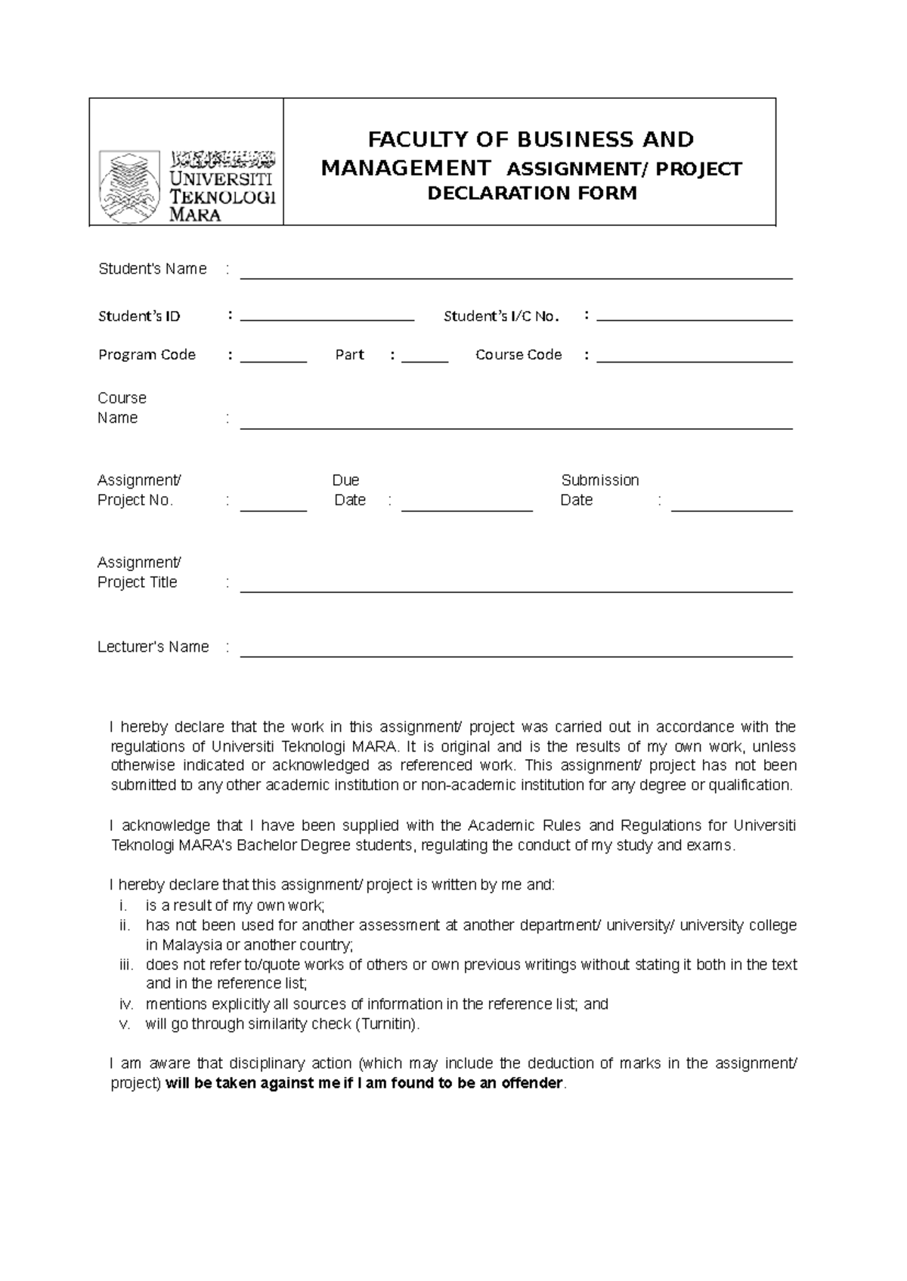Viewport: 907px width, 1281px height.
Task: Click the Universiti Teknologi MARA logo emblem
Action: (129, 186)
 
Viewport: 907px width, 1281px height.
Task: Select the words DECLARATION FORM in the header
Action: (532, 193)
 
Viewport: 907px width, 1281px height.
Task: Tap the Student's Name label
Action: (152, 270)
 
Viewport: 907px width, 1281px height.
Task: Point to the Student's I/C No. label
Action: (501, 316)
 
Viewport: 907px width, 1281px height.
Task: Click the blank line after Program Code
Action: (273, 361)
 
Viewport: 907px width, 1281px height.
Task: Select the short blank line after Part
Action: (424, 361)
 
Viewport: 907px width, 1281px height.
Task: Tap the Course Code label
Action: (518, 355)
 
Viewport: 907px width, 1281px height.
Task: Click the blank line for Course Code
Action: (694, 361)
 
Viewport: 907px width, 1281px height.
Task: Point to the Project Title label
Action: (137, 582)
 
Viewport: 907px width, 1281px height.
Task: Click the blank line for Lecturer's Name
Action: (515, 656)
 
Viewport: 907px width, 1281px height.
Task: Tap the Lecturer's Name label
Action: (153, 647)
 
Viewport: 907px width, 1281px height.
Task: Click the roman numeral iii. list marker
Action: (126, 965)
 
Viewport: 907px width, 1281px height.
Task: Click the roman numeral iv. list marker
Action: (126, 1005)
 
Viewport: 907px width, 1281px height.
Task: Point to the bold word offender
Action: (532, 1084)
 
